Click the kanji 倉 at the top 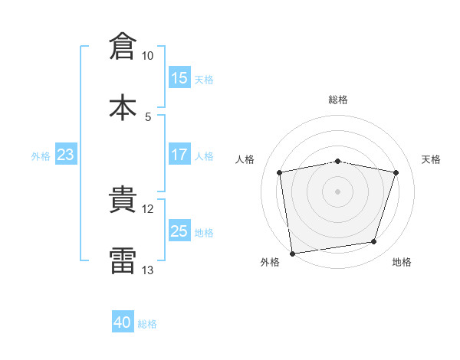click(123, 46)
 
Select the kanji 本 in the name click(123, 107)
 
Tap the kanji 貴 click(123, 199)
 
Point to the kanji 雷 click(123, 260)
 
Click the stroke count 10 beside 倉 click(147, 56)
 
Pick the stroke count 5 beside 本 click(148, 117)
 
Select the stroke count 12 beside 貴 click(147, 209)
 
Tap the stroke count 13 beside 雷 click(147, 270)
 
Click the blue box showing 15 click(179, 77)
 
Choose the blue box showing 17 click(179, 154)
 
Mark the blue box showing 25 click(179, 230)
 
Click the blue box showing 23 click(66, 154)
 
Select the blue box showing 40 click(123, 321)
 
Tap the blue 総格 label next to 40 click(147, 324)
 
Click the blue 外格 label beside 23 click(41, 156)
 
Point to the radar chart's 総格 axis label click(338, 100)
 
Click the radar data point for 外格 click(292, 254)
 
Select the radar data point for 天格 click(396, 172)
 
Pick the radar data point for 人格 click(279, 172)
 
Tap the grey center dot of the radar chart click(337, 191)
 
